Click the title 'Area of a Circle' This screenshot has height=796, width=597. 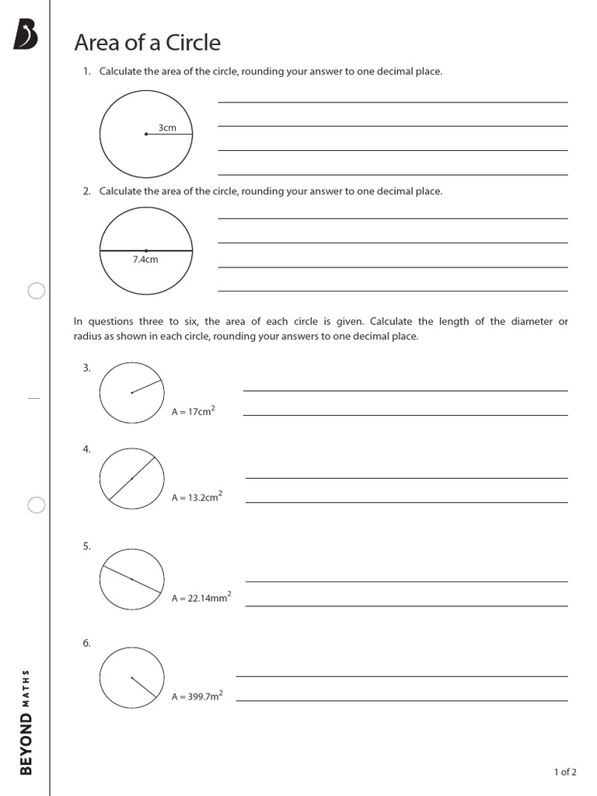click(x=147, y=43)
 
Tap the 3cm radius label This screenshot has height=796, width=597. click(x=167, y=127)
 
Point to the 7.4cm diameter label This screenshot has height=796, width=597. click(x=145, y=260)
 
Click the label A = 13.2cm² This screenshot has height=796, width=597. click(x=197, y=497)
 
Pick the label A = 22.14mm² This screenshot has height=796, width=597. click(x=201, y=598)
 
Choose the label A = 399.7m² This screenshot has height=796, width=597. click(x=197, y=696)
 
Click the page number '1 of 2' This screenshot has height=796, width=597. click(x=564, y=772)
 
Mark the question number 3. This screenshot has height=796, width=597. click(x=87, y=368)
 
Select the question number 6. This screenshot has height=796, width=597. click(x=87, y=643)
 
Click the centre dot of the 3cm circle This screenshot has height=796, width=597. click(x=145, y=134)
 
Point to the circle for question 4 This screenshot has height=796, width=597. click(x=131, y=479)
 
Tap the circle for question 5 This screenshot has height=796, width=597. click(x=131, y=579)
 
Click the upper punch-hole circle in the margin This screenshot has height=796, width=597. click(x=36, y=292)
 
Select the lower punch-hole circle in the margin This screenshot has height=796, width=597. click(x=36, y=505)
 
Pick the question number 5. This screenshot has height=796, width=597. click(x=87, y=546)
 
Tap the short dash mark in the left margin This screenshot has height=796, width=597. click(x=33, y=398)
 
